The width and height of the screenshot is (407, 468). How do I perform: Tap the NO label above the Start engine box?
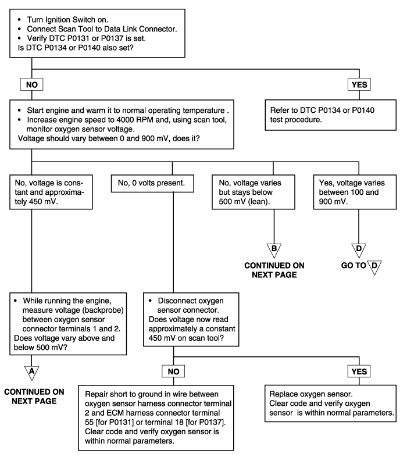tap(31, 84)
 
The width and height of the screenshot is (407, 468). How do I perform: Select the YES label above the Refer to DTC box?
tap(359, 84)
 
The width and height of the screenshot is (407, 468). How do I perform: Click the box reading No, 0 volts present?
tap(152, 183)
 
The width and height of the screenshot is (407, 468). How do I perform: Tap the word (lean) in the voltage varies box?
tap(259, 202)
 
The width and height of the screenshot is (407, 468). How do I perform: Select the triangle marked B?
tap(274, 251)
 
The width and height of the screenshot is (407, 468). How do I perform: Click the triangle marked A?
tap(31, 373)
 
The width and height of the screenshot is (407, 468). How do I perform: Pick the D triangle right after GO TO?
tap(374, 267)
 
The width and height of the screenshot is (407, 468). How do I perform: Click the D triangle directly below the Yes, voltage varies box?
tap(359, 251)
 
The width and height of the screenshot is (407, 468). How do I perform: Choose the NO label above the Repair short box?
tap(173, 371)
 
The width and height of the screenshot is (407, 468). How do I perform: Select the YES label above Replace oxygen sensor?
tap(359, 371)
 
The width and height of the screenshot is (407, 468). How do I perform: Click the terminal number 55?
tap(89, 422)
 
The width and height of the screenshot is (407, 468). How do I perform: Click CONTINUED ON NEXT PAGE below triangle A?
tap(34, 396)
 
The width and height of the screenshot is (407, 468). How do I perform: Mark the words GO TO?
tap(354, 265)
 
